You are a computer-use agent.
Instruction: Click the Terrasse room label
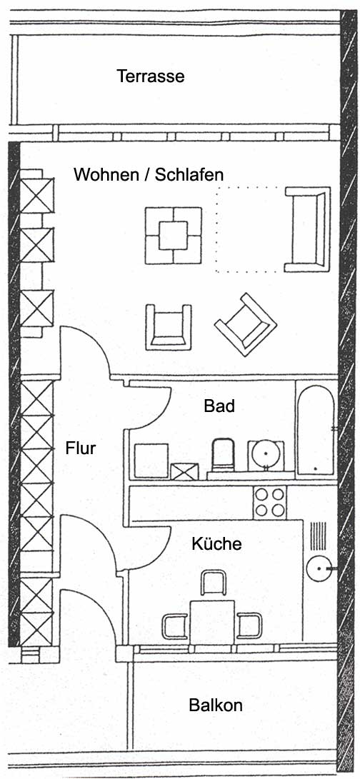[151, 76]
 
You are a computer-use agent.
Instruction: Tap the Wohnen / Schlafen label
[149, 174]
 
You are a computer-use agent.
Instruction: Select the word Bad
[219, 406]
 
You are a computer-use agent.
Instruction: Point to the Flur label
[81, 448]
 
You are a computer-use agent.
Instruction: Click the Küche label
[217, 543]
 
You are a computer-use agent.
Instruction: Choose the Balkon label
[216, 705]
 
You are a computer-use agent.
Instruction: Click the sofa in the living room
[307, 229]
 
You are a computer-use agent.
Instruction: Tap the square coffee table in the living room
[173, 236]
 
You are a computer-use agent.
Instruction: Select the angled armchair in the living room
[246, 324]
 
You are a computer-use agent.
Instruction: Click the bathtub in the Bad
[316, 426]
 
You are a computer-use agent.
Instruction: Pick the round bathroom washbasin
[266, 453]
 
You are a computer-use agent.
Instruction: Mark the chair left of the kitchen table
[175, 626]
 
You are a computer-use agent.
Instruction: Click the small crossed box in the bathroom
[184, 471]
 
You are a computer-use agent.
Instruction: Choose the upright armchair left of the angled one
[169, 327]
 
